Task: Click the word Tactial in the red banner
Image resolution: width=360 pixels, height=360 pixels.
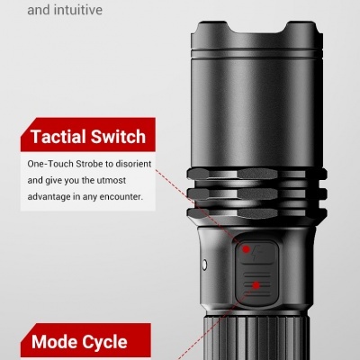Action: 58,137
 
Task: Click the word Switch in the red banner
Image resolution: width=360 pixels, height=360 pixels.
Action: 118,137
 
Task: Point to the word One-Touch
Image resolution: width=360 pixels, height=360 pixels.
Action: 50,164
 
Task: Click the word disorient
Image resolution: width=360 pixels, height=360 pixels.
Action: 133,164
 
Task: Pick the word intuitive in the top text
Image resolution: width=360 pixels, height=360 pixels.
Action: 78,10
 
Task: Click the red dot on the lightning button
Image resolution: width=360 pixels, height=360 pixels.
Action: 246,249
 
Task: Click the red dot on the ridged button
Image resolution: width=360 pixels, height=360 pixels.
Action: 256,285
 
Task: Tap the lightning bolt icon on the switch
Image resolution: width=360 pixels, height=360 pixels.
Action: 256,253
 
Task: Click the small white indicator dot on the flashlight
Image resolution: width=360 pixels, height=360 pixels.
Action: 204,265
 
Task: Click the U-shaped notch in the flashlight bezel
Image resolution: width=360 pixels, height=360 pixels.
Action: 256,27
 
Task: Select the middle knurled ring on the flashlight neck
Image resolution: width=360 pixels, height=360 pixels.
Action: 256,193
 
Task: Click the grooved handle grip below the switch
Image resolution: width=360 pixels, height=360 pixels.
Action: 255,337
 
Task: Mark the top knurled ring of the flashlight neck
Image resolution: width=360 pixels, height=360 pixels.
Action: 256,174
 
